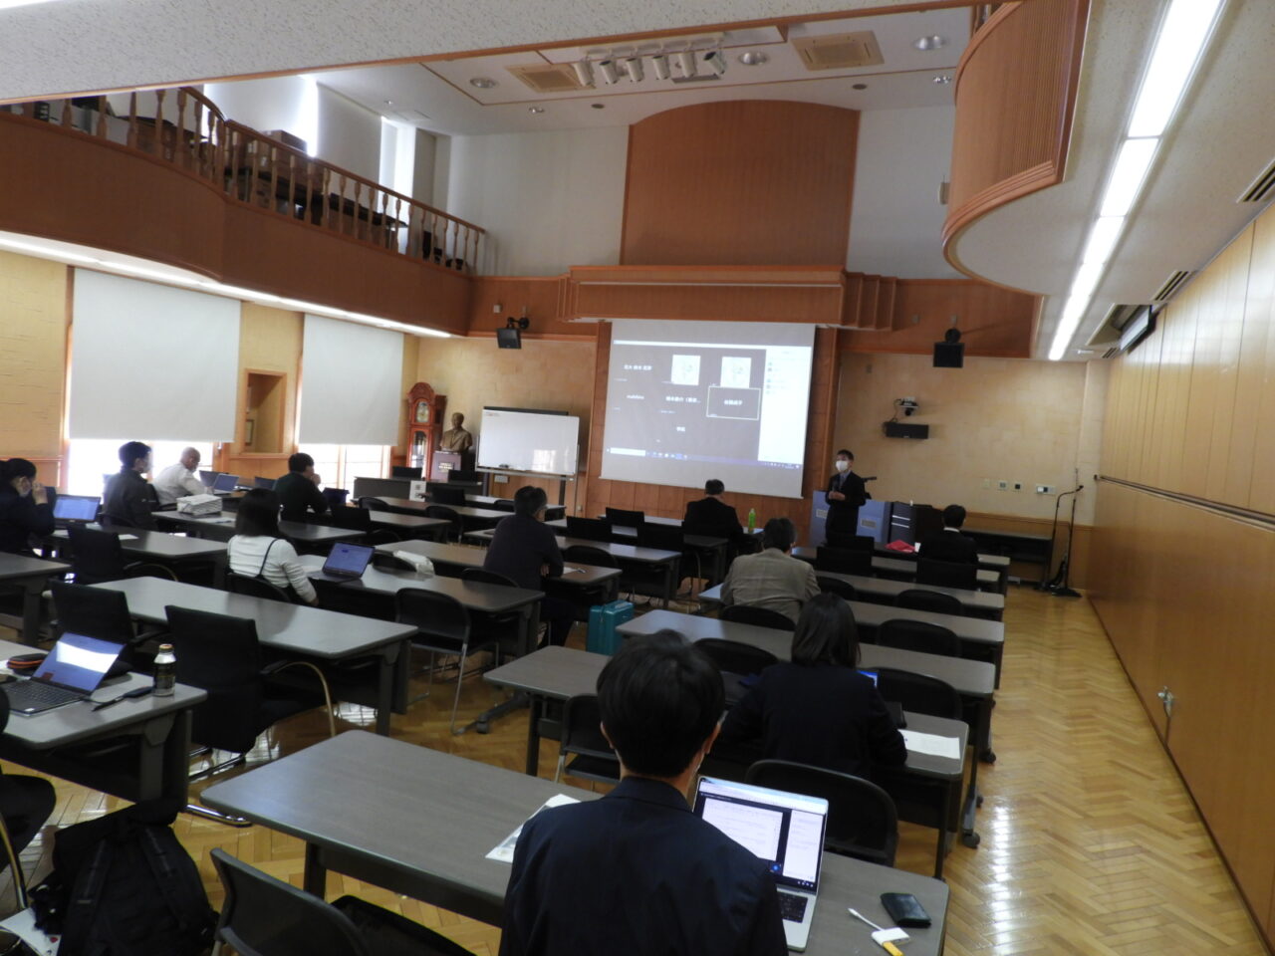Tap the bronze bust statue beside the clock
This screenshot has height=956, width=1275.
456,434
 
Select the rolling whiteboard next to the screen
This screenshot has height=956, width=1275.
527,441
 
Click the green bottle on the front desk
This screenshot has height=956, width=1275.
751,518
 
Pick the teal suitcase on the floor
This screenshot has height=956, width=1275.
610,626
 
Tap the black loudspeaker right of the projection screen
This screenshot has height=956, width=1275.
948,352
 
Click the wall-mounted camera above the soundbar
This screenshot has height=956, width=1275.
906,407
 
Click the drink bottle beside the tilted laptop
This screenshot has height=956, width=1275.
163,668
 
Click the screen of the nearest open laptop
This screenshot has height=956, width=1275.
763,827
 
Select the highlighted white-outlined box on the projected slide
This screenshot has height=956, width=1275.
732,402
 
